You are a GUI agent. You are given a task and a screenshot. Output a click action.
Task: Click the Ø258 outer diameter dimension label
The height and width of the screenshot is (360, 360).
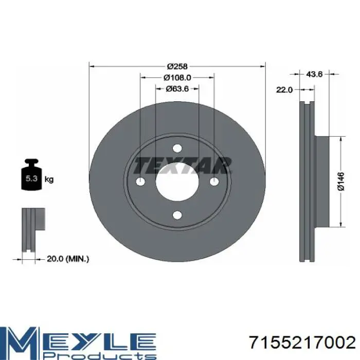coord(177,66)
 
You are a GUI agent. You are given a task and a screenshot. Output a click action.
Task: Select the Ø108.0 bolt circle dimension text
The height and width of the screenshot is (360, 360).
coord(177,78)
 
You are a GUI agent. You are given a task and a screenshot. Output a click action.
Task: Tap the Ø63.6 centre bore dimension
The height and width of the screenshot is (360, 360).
coord(177,88)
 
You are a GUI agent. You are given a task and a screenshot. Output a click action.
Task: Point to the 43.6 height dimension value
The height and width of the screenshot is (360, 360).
coord(315,74)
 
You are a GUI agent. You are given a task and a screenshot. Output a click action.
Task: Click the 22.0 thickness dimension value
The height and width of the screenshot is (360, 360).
coord(284,90)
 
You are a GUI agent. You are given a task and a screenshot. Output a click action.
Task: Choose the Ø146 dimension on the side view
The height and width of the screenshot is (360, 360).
coord(341,182)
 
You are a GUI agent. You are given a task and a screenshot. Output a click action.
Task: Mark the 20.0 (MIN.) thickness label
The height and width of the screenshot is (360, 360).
coord(68,259)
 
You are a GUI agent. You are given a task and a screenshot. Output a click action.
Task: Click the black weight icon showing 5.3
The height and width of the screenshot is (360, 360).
coord(31,175)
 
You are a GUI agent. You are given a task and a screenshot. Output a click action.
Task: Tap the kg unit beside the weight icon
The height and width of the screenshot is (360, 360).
coord(49,179)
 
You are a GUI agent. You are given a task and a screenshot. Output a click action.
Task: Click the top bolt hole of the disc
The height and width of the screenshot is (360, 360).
coord(177,148)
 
